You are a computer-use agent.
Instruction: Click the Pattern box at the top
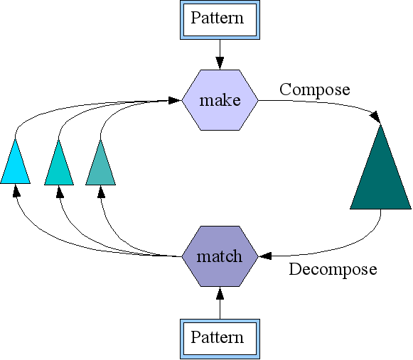click(220, 20)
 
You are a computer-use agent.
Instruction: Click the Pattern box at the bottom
click(220, 339)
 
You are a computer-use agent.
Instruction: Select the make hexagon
click(220, 100)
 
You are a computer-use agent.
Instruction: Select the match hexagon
click(220, 256)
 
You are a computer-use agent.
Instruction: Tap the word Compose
click(315, 90)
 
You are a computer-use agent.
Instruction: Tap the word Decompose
click(333, 270)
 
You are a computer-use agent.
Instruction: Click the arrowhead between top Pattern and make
click(220, 63)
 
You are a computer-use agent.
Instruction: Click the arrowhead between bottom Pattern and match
click(220, 293)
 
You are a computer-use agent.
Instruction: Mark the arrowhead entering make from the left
click(175, 100)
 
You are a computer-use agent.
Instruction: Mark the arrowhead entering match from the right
click(265, 256)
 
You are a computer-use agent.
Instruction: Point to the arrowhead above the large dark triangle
click(376, 117)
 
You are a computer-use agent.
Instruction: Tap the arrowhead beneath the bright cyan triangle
click(16, 190)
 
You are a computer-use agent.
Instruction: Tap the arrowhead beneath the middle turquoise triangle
click(60, 192)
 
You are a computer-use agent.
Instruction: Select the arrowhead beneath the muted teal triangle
click(101, 192)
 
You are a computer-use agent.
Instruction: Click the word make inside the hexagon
click(220, 100)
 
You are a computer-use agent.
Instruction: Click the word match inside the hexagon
click(220, 256)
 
